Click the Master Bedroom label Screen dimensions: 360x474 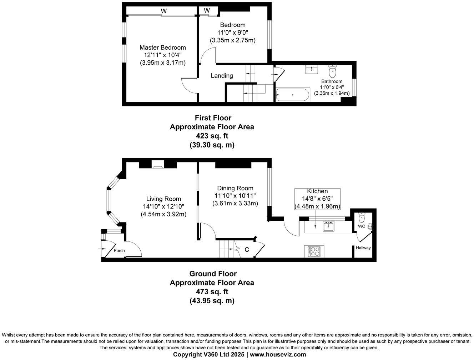pos(162,47)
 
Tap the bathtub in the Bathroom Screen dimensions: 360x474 pos(293,95)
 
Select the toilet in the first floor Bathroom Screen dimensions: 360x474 pos(333,71)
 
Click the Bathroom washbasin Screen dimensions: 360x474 pos(312,69)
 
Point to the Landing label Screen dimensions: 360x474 pos(222,76)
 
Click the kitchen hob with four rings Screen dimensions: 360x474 pos(314,251)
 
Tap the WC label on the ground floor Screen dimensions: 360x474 pos(361,226)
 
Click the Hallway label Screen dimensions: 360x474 pos(363,248)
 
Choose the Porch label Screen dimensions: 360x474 pos(119,250)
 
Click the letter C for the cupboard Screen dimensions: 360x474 pos(247,250)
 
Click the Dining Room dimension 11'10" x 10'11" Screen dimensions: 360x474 pos(235,196)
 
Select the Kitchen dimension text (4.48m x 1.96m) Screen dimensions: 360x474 pos(317,206)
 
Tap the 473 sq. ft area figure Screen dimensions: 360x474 pos(212,292)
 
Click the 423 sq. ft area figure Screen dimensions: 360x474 pos(212,136)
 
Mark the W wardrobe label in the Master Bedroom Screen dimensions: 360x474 pos(164,11)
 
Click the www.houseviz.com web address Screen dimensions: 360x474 pos(278,355)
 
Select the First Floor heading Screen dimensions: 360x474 pos(213,118)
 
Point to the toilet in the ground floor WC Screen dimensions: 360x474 pos(361,217)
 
